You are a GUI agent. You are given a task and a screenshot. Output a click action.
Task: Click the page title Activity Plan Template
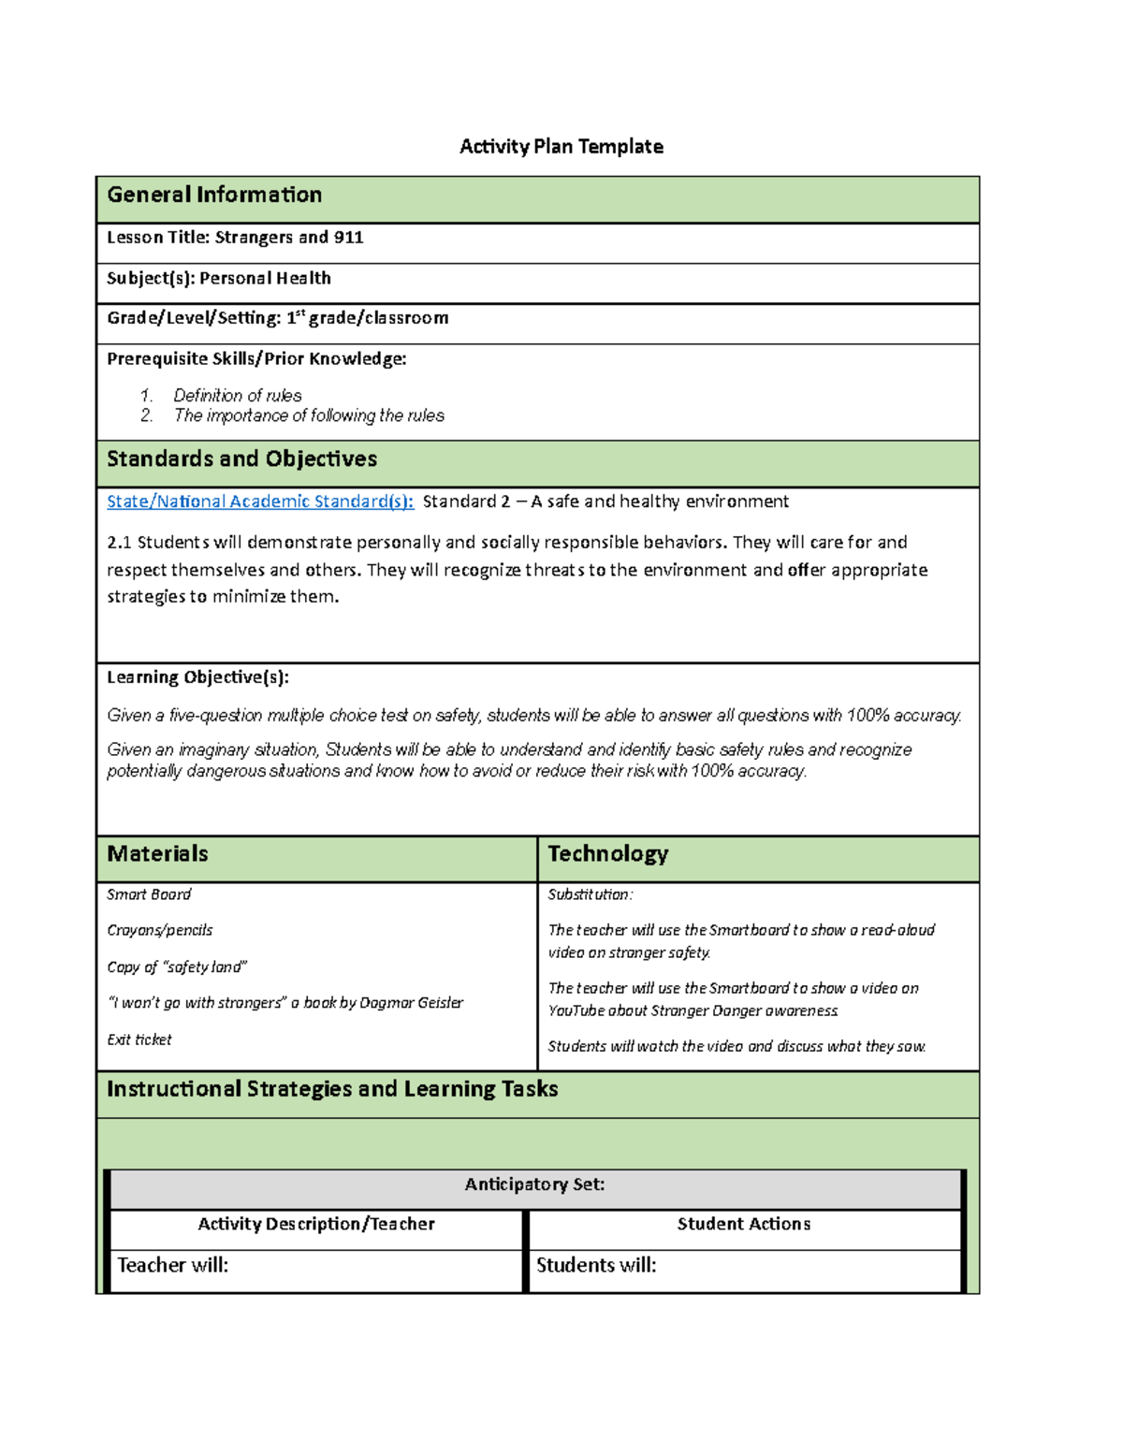point(561,146)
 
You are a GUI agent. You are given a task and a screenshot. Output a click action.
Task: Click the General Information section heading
point(214,195)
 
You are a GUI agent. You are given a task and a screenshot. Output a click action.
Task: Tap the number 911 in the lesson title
point(348,238)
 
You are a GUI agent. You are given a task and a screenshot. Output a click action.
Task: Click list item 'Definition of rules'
point(238,396)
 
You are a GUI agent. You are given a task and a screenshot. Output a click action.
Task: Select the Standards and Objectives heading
point(241,458)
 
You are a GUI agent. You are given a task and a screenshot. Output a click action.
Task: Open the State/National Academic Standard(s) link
point(260,501)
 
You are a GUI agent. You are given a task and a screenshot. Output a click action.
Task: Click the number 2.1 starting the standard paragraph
point(119,543)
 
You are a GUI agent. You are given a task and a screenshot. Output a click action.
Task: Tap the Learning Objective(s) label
point(197,677)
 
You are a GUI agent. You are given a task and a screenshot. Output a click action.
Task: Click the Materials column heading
point(157,853)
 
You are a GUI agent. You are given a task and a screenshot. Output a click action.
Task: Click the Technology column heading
point(607,853)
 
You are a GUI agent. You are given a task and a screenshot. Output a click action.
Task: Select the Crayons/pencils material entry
point(160,930)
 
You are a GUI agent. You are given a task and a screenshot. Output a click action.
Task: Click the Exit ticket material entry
point(139,1039)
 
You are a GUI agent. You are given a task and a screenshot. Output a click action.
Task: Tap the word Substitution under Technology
point(589,894)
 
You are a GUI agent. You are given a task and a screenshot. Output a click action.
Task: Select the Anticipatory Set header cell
point(534,1184)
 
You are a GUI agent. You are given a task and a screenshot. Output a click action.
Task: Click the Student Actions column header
point(744,1224)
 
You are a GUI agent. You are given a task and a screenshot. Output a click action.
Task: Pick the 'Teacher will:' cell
point(173,1265)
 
